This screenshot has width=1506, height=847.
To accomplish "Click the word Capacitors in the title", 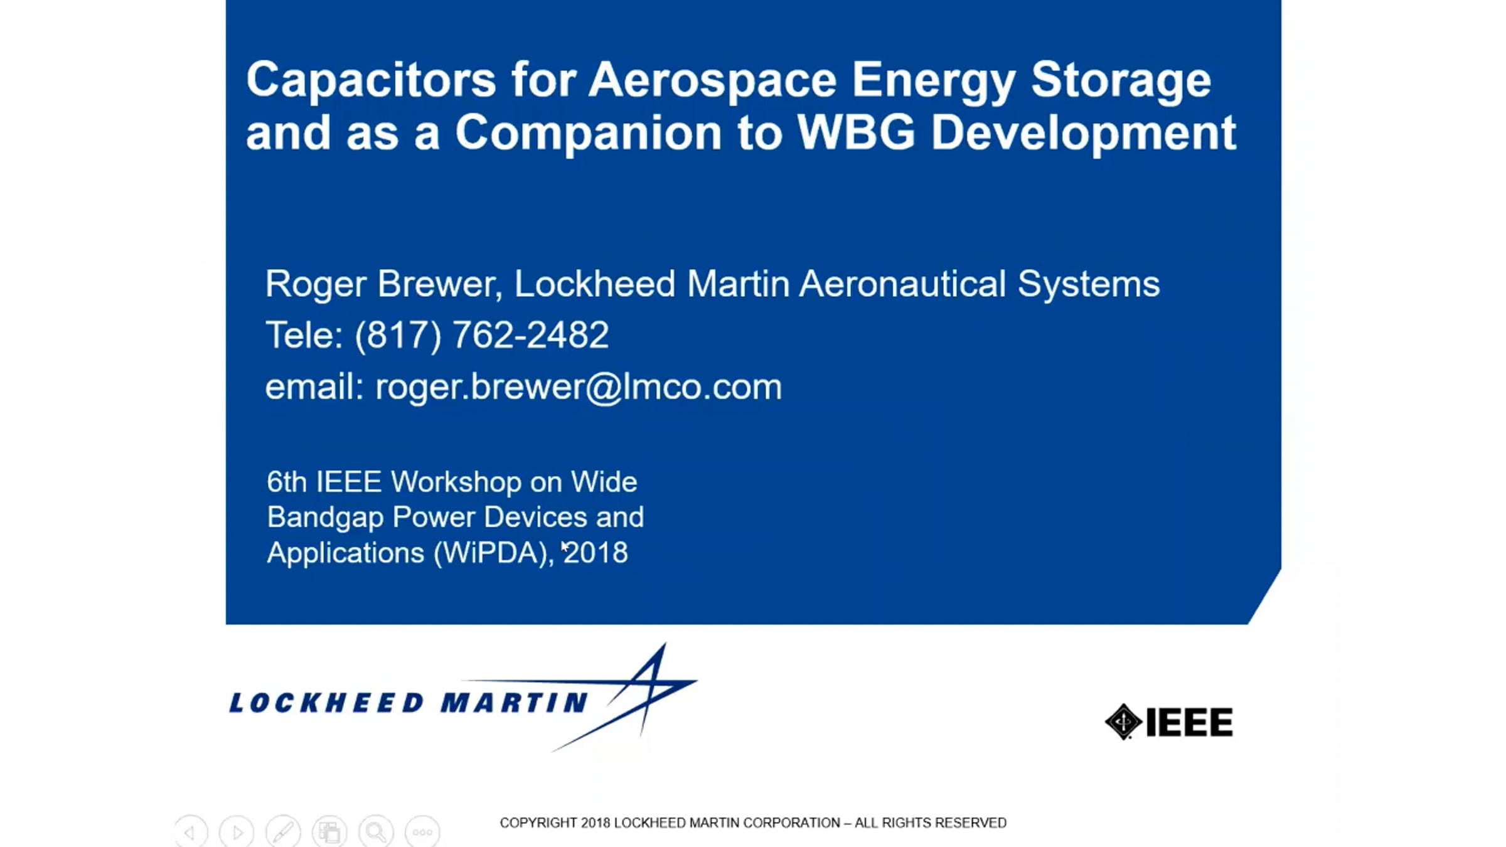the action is [x=371, y=80].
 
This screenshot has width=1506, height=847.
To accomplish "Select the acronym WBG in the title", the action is [x=856, y=132].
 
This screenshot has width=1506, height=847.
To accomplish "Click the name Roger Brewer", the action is [x=383, y=284].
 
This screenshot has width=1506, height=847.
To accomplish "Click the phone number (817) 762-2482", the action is [x=482, y=334].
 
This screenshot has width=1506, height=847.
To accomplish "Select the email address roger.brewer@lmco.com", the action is [x=579, y=386].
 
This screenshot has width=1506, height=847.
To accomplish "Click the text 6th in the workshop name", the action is [x=286, y=482].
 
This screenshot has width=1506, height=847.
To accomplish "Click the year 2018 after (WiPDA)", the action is [x=596, y=553].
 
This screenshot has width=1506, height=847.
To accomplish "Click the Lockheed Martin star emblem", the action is [x=627, y=696].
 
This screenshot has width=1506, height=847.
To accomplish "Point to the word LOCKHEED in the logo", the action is [x=326, y=703].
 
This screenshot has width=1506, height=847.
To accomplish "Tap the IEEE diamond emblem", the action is [x=1123, y=722].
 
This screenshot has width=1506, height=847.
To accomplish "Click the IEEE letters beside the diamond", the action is [x=1189, y=722].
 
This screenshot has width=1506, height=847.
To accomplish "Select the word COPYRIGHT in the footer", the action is [x=538, y=823].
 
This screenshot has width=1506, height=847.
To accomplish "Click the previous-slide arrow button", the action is [x=191, y=832].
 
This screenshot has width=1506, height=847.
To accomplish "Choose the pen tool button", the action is [x=283, y=832].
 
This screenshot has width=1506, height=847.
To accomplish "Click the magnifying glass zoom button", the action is [x=376, y=832].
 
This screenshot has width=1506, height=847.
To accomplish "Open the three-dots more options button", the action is [x=422, y=832].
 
